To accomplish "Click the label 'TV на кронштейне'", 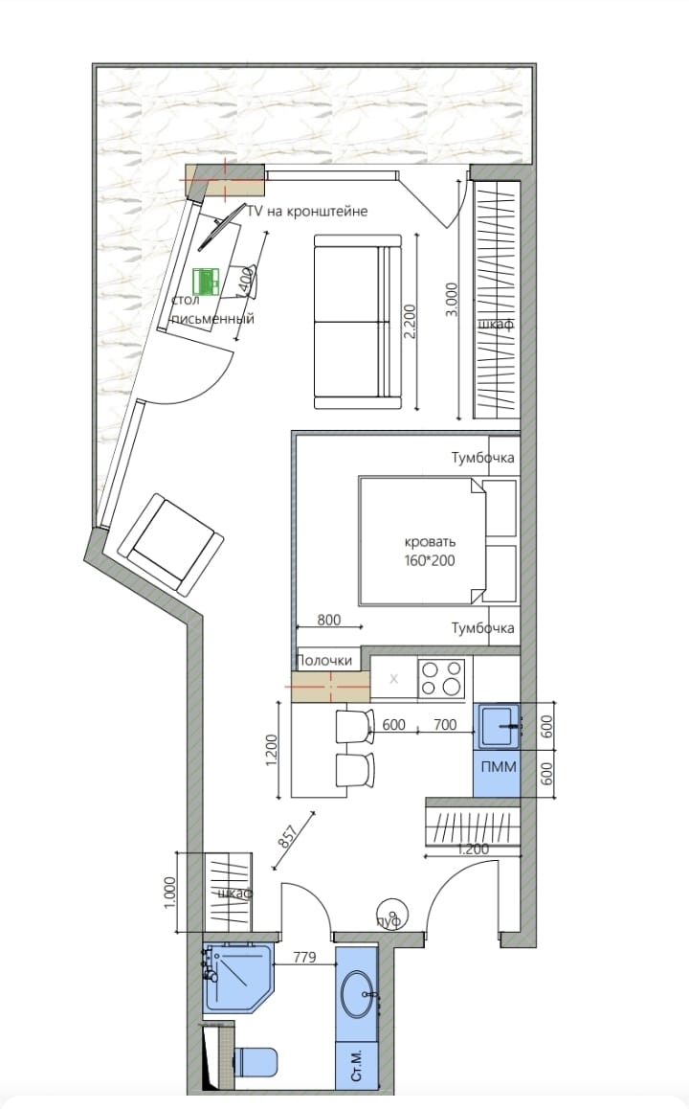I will click(x=307, y=211).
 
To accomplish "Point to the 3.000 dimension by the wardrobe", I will click(x=462, y=298).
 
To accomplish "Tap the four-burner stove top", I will click(x=441, y=679).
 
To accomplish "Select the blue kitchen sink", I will click(x=498, y=725).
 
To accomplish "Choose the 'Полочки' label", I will click(x=324, y=661).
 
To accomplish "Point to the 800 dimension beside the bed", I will click(x=328, y=620).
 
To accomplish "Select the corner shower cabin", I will click(x=236, y=977).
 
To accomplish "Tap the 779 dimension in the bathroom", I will click(x=303, y=956).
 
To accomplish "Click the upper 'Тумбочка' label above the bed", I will click(x=483, y=458).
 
